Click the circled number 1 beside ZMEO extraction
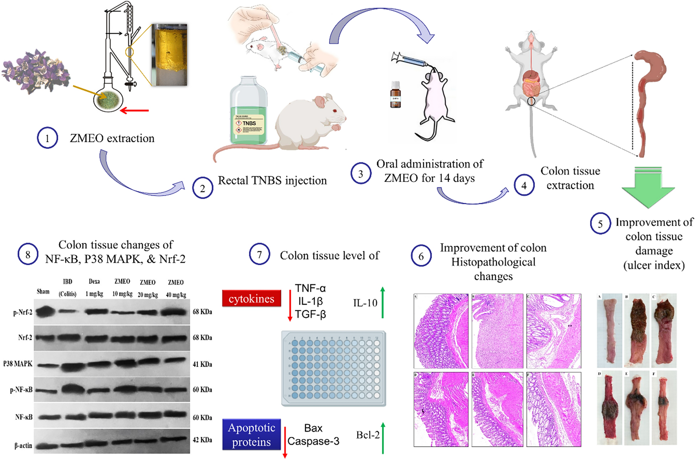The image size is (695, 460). [x=48, y=138]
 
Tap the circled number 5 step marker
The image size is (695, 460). [x=600, y=224]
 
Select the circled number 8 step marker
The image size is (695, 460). [x=28, y=255]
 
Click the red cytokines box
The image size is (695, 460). [x=251, y=299]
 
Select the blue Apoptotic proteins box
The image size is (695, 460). [x=251, y=435]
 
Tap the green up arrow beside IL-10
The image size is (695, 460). [x=382, y=302]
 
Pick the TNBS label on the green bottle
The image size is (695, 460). [x=249, y=123]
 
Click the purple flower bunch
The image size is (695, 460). [x=35, y=73]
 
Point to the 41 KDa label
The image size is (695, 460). [x=202, y=364]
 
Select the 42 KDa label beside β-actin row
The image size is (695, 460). [x=202, y=440]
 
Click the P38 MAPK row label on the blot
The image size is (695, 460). [x=18, y=364]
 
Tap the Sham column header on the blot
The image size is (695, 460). [x=43, y=292]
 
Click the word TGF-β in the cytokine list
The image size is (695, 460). [x=311, y=315]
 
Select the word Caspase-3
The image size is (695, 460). [x=313, y=441]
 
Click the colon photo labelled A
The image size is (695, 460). [x=609, y=330]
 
